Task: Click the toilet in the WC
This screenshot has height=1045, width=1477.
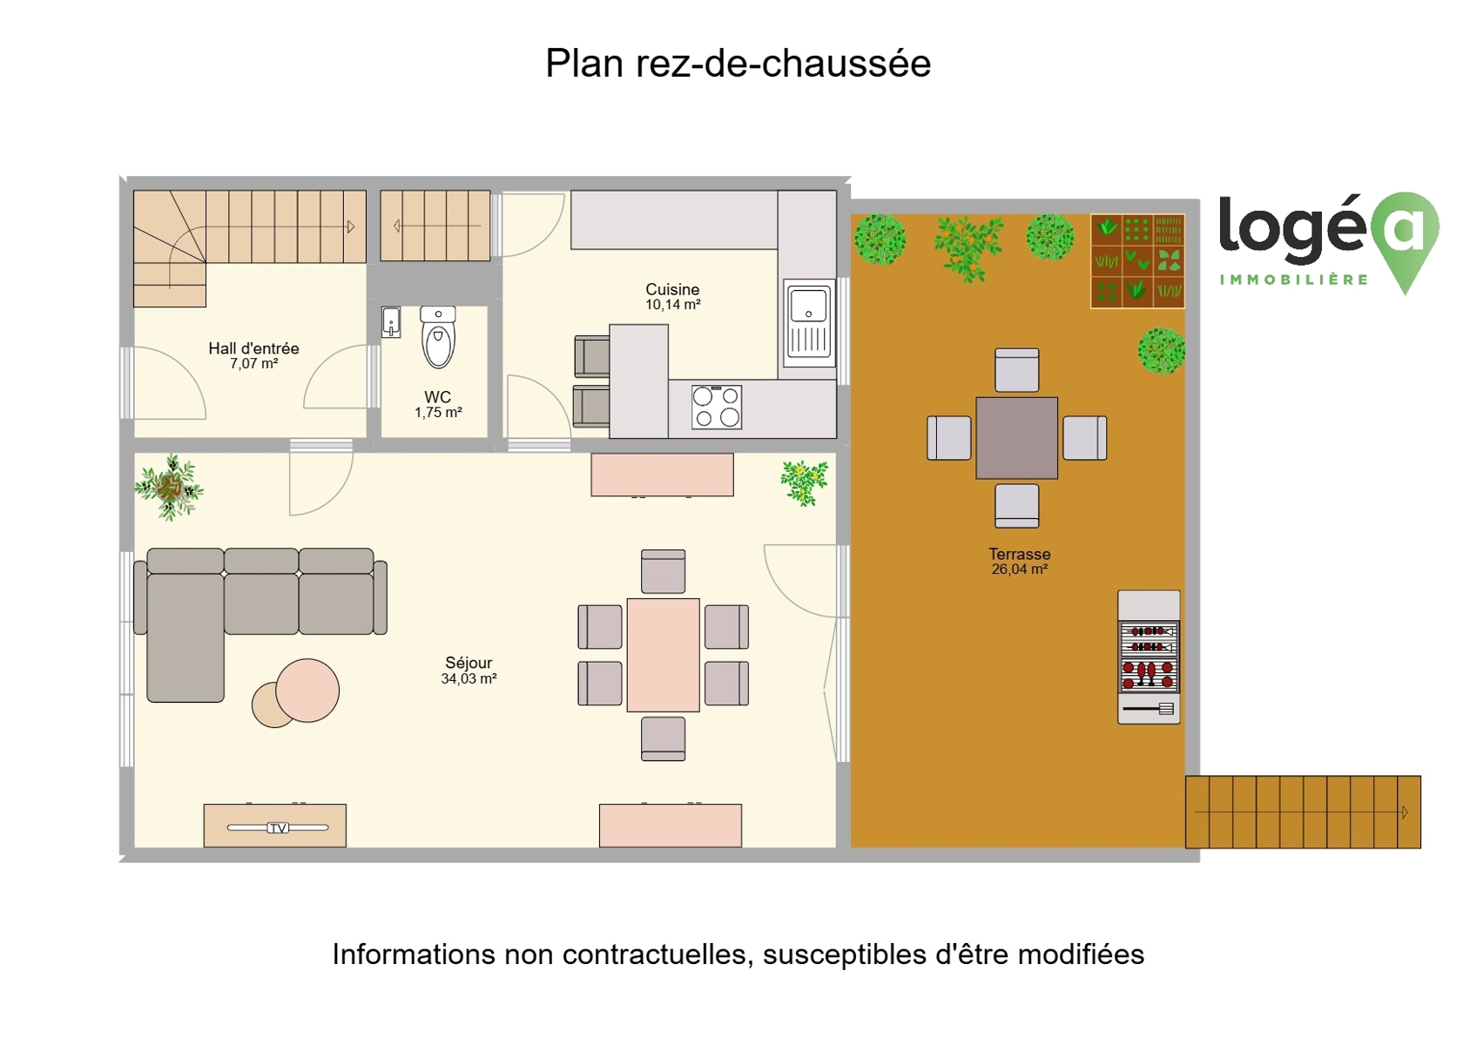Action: [x=439, y=337]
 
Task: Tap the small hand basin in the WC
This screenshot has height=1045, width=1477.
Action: [x=391, y=322]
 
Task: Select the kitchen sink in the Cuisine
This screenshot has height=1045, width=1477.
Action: [x=809, y=322]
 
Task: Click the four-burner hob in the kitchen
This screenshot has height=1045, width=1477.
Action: [x=717, y=407]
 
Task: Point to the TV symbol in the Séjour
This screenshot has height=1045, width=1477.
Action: [x=278, y=828]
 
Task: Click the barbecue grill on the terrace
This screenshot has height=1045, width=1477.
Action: [x=1149, y=657]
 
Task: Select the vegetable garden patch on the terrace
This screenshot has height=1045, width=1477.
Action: [x=1137, y=261]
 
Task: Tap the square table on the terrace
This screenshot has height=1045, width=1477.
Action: [x=1017, y=438]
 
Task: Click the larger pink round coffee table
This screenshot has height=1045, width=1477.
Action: [x=307, y=691]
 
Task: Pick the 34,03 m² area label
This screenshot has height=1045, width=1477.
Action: [x=469, y=679]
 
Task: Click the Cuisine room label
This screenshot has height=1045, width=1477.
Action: [x=672, y=289]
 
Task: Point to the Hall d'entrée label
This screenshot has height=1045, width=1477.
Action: [x=254, y=348]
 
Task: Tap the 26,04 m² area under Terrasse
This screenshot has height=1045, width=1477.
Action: [x=1020, y=570]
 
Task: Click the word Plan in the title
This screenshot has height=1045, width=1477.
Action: [x=584, y=64]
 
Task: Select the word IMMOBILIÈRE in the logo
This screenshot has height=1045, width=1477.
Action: [x=1294, y=280]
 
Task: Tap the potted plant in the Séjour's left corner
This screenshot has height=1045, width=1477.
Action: [x=169, y=488]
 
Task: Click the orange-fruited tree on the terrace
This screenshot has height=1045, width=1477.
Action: [x=968, y=248]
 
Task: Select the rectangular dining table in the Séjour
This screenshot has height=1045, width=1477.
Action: [x=664, y=656]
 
